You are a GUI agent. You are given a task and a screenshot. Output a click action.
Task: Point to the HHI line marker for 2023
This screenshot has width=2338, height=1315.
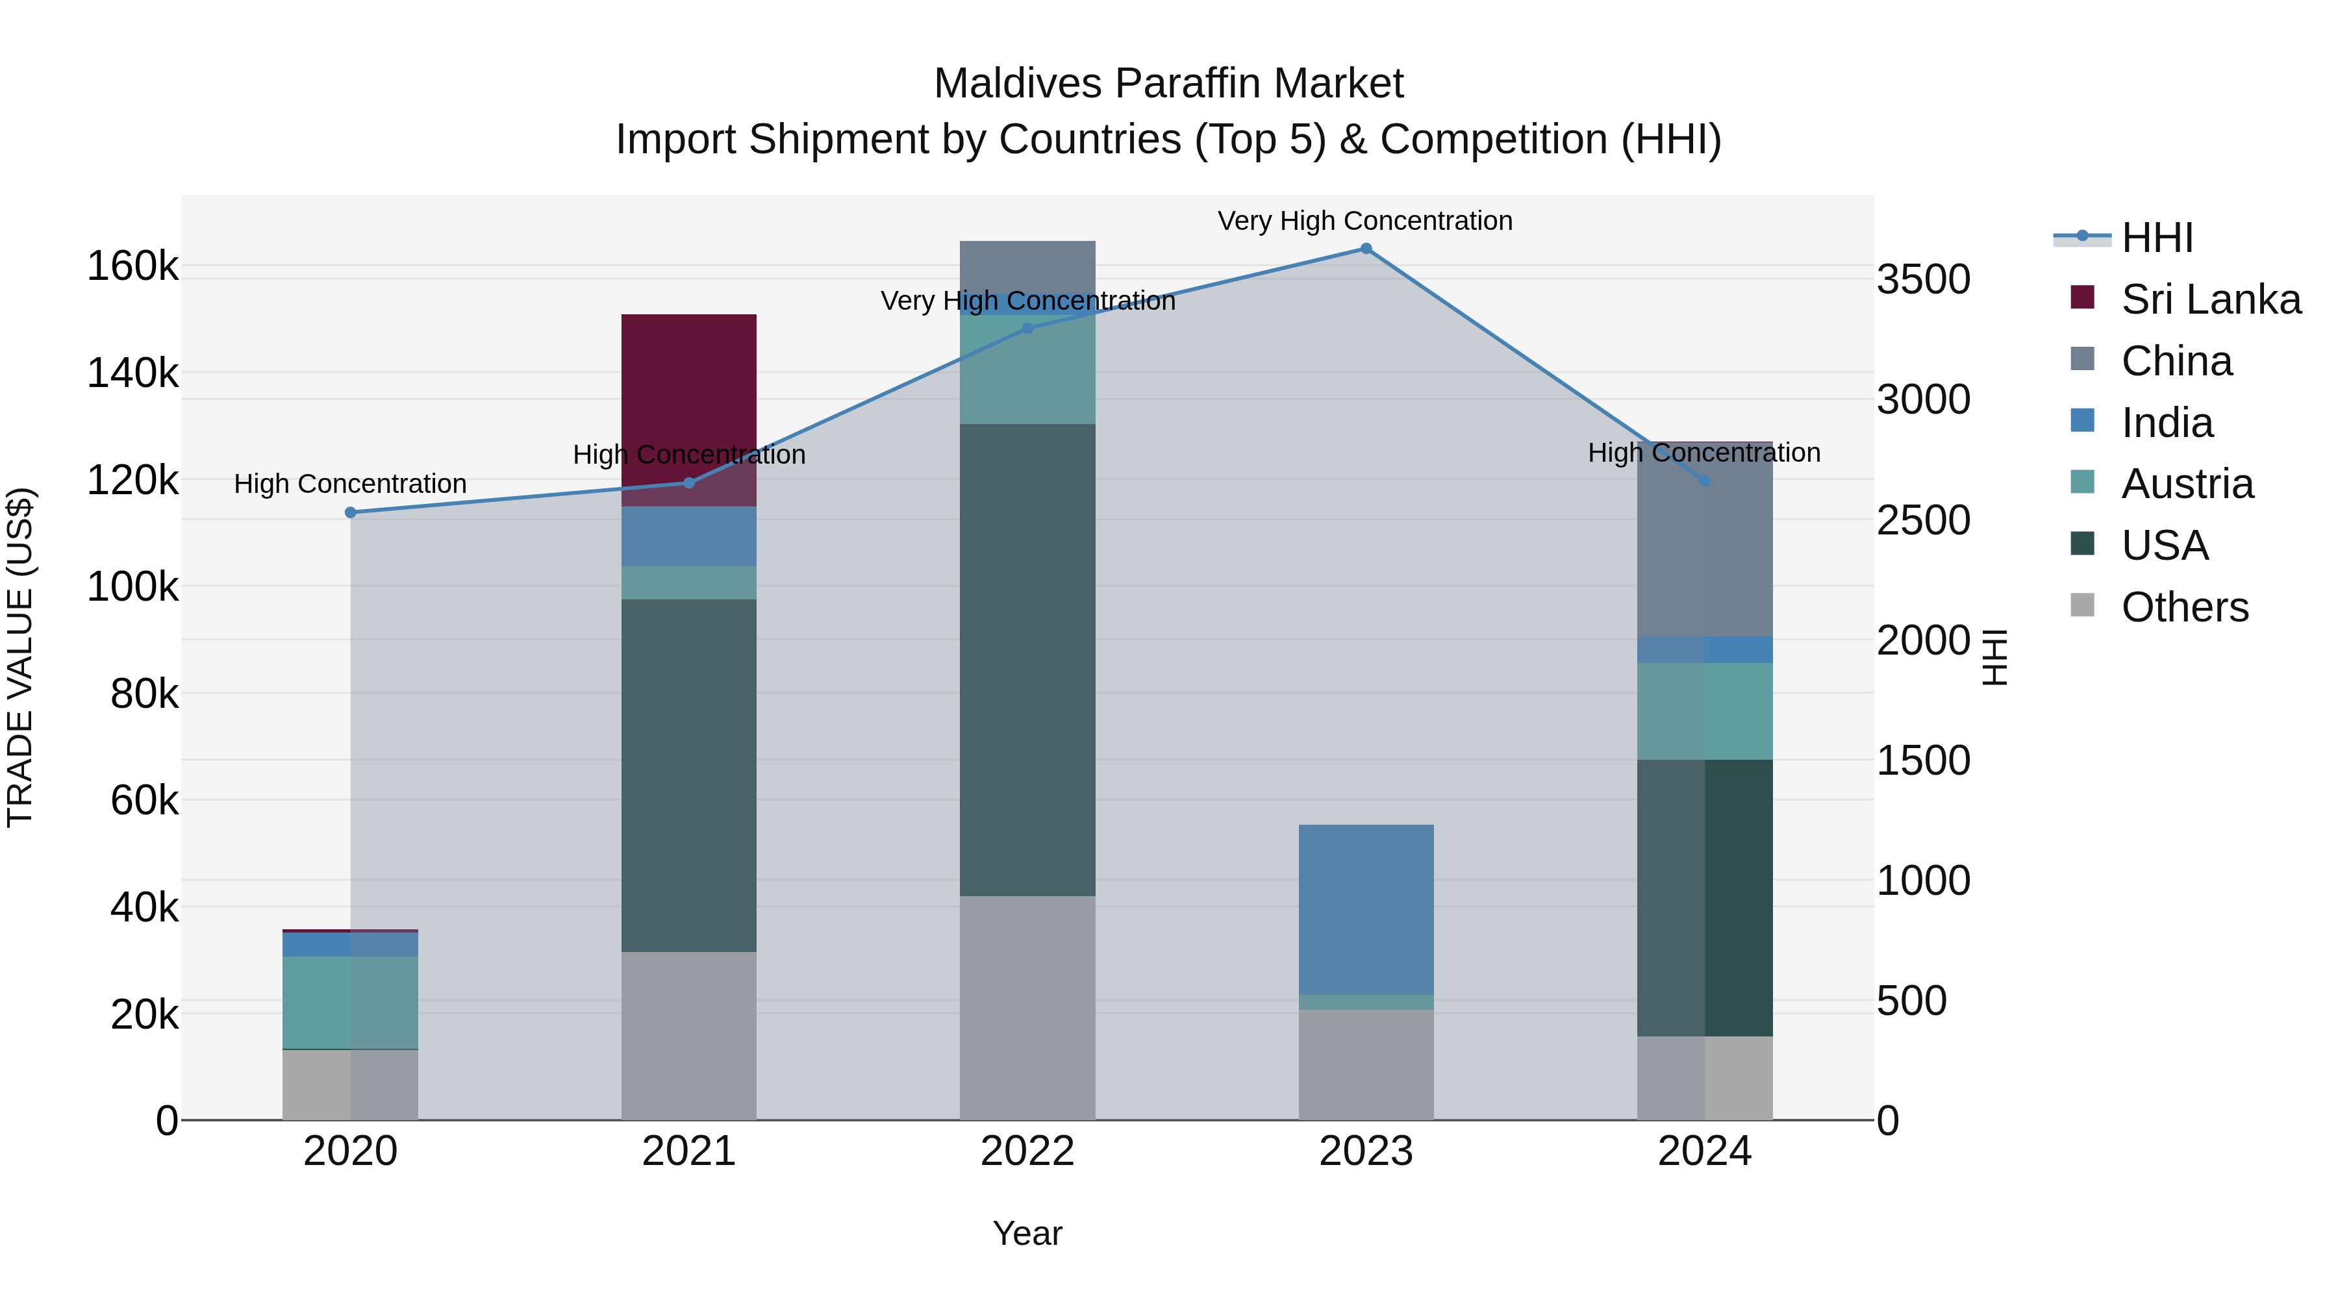[x=1366, y=249]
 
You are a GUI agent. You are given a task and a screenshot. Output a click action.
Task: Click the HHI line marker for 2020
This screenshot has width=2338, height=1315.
[x=350, y=513]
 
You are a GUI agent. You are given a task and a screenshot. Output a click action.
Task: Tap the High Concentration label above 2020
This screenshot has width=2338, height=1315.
[x=350, y=484]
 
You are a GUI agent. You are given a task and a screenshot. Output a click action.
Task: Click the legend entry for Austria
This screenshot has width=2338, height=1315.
[x=2187, y=484]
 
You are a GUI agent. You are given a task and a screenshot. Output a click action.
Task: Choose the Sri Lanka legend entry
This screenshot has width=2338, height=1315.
[x=2210, y=299]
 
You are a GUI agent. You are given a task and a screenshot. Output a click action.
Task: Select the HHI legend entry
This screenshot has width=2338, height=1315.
[x=2156, y=238]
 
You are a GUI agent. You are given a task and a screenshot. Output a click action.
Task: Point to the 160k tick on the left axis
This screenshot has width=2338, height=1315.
[x=132, y=267]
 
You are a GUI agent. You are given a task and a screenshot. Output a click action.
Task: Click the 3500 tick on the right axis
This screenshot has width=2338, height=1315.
[x=1923, y=279]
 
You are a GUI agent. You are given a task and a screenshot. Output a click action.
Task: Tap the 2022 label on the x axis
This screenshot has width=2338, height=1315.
[x=1027, y=1151]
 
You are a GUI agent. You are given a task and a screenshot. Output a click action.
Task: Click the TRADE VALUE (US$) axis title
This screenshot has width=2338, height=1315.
[x=20, y=657]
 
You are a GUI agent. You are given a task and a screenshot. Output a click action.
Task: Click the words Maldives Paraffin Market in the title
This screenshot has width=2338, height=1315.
[x=1168, y=84]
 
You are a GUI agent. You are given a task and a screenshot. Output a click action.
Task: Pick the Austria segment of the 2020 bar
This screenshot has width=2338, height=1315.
[x=350, y=1003]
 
